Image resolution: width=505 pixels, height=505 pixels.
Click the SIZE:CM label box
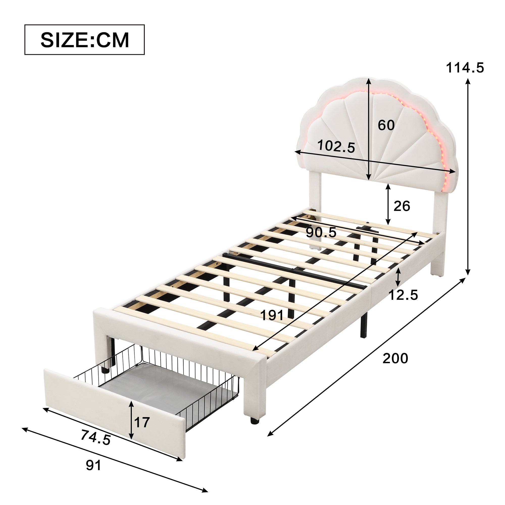(84, 40)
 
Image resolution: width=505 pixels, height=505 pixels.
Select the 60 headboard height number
(386, 125)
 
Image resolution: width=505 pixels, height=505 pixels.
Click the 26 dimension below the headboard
(402, 206)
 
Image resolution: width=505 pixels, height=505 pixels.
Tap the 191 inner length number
(272, 315)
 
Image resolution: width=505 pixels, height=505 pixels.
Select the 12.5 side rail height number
(403, 295)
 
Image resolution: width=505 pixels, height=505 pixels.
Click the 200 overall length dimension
(395, 358)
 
